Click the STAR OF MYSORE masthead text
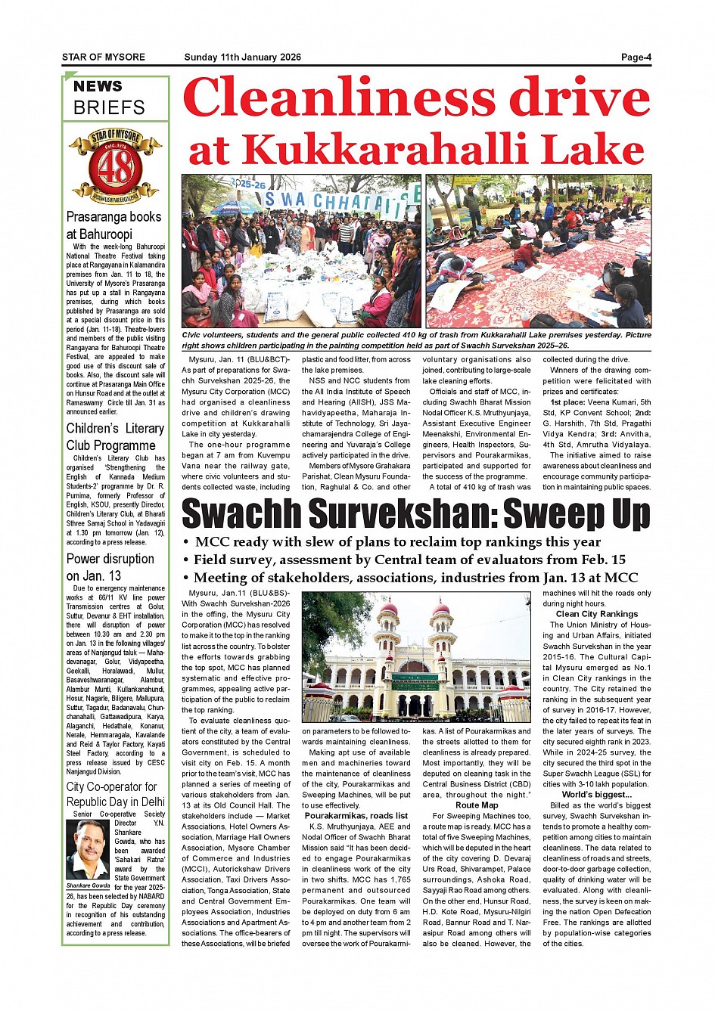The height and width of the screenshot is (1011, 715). [x=104, y=57]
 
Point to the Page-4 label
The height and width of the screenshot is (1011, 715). [x=636, y=57]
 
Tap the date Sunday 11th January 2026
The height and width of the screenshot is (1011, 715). [x=242, y=57]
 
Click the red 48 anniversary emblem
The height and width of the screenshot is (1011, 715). [x=115, y=167]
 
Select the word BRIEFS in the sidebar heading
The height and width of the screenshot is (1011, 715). [x=109, y=107]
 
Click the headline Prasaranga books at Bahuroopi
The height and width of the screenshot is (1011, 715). [x=113, y=225]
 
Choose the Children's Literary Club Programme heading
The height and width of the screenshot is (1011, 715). [x=115, y=437]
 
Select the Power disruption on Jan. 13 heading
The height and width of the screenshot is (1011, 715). [x=110, y=567]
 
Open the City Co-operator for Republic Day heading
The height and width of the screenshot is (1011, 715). [x=115, y=794]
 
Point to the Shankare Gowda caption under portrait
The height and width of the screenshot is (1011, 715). [x=88, y=885]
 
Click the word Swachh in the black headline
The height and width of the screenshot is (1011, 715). [x=242, y=514]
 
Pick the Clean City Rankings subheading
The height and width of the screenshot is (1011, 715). [x=597, y=614]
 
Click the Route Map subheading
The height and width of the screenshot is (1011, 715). [x=477, y=805]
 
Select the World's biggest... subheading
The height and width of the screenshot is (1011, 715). [x=596, y=795]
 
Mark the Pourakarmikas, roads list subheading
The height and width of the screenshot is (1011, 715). [x=356, y=816]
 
